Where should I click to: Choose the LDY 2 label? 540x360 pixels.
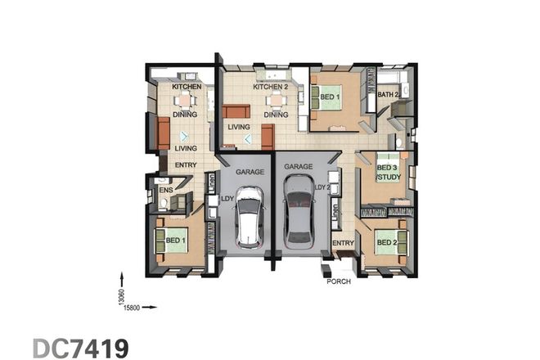pyautogui.click(x=322, y=187)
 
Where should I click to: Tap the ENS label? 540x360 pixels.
pyautogui.click(x=165, y=191)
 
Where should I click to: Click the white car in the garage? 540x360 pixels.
pyautogui.click(x=249, y=216)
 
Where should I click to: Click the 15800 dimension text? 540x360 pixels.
pyautogui.click(x=133, y=308)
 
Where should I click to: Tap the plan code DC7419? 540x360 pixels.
pyautogui.click(x=81, y=347)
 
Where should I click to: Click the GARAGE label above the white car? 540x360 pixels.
pyautogui.click(x=249, y=173)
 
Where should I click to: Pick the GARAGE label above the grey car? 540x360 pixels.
pyautogui.click(x=298, y=166)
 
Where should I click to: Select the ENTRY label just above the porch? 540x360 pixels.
pyautogui.click(x=343, y=243)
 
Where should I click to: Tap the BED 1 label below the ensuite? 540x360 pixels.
pyautogui.click(x=176, y=241)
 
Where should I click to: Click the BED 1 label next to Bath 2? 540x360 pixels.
pyautogui.click(x=331, y=97)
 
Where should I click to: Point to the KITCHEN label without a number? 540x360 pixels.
pyautogui.click(x=186, y=86)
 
